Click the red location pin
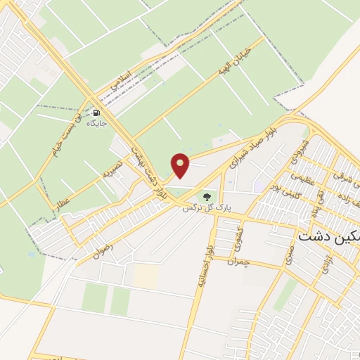tap(181, 165)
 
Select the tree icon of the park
tap(206, 196)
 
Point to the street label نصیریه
tap(112, 168)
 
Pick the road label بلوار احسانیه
tap(205, 259)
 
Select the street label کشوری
tap(238, 238)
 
